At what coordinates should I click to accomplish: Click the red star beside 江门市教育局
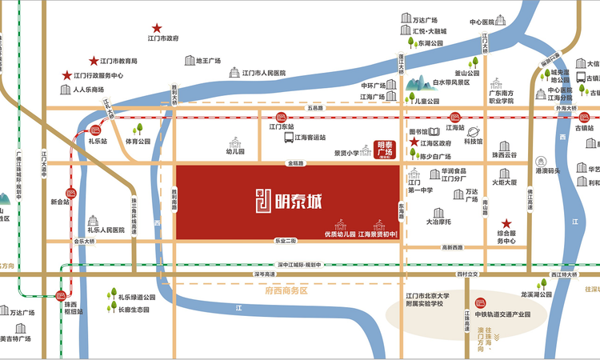click(x=94, y=61)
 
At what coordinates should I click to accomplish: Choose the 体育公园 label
click(x=138, y=141)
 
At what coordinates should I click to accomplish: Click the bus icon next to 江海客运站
click(x=287, y=138)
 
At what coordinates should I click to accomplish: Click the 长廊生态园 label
click(x=134, y=310)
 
